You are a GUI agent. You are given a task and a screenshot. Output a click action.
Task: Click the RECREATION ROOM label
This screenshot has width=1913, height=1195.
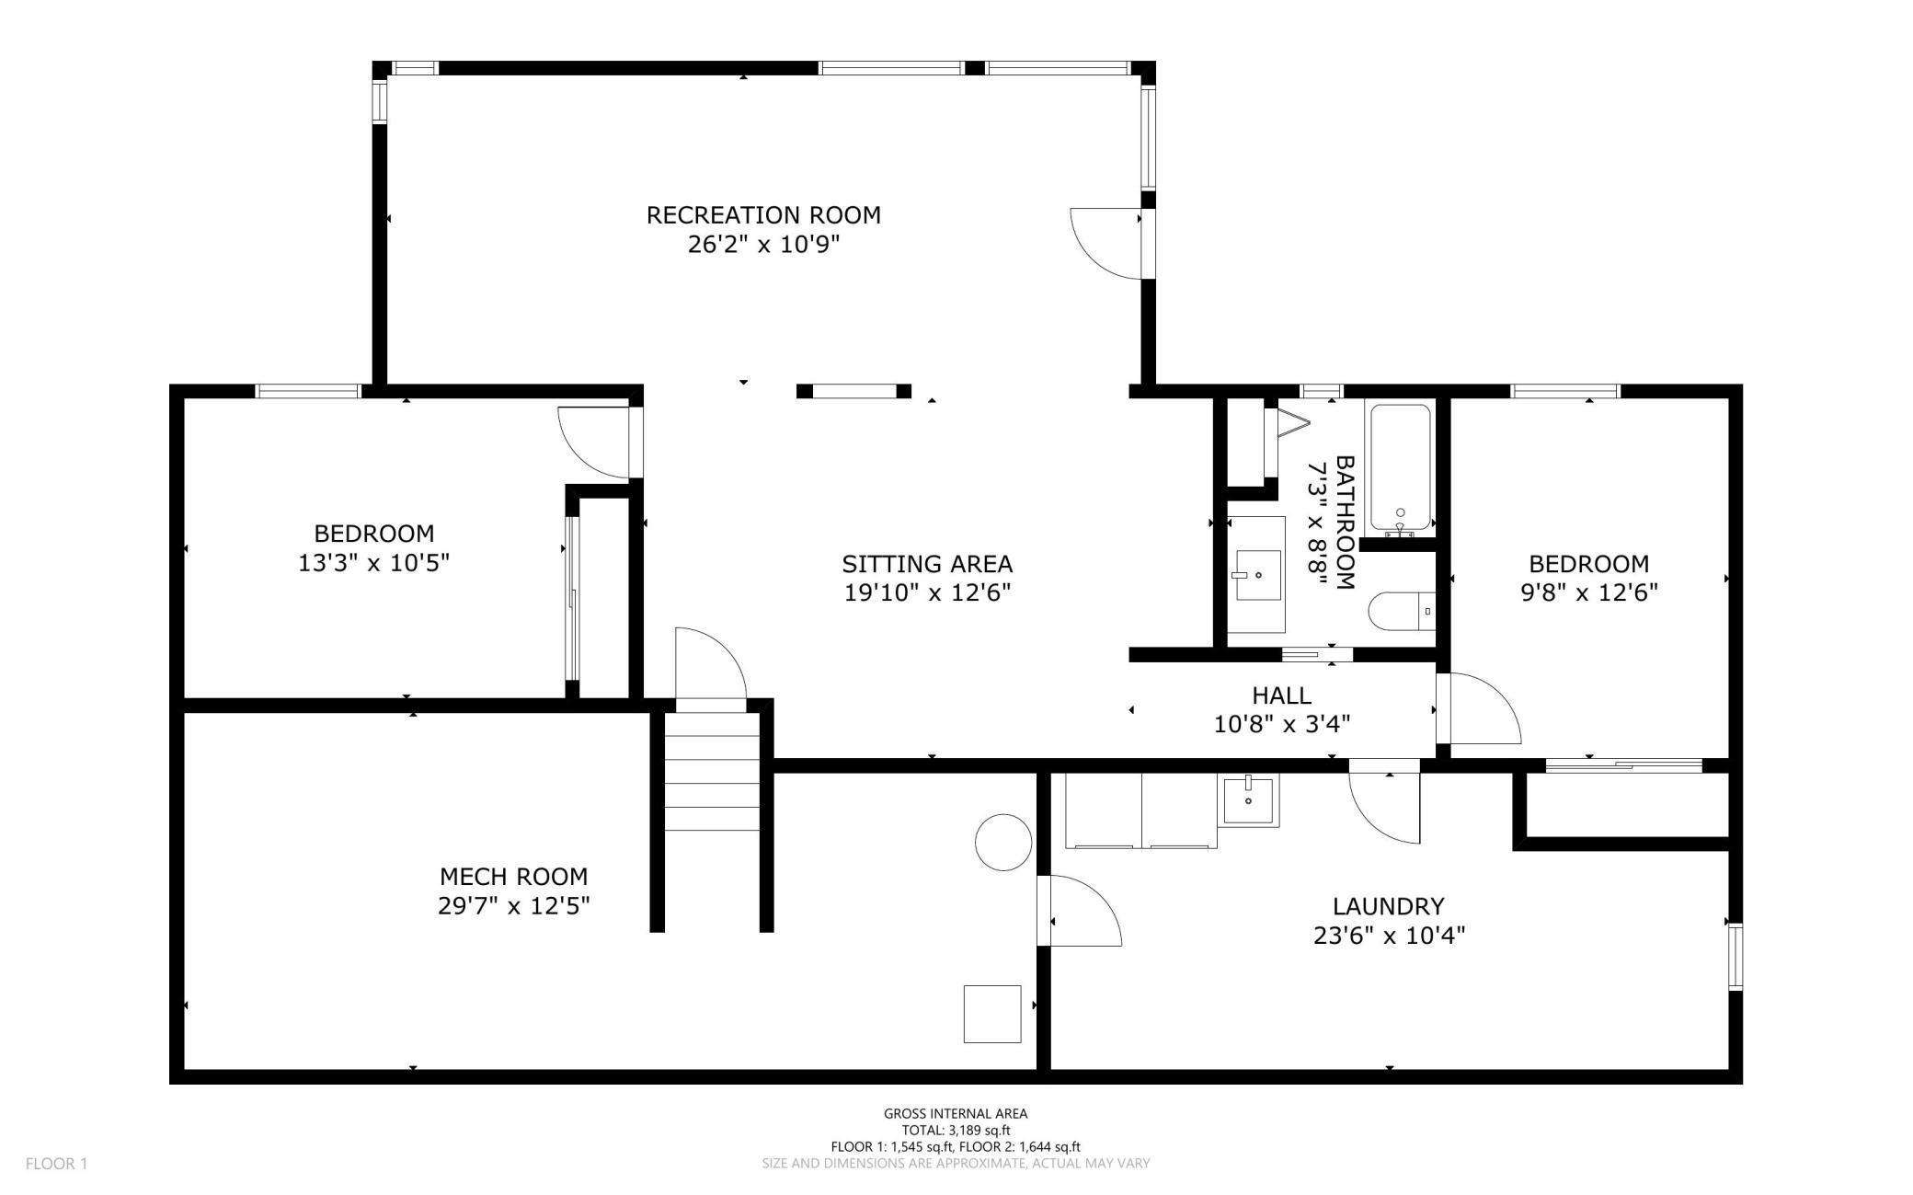[x=763, y=215]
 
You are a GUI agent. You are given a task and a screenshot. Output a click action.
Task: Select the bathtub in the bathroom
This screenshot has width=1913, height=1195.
[x=1400, y=468]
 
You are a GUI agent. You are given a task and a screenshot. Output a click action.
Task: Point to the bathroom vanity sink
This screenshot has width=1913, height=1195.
[x=1256, y=575]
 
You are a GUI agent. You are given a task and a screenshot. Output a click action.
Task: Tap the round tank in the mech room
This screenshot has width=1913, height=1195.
[x=1002, y=843]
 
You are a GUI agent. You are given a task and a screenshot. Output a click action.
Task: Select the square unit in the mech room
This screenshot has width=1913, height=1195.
[x=992, y=1014]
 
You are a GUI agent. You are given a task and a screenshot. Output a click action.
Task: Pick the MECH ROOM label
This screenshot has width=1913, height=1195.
[x=513, y=877]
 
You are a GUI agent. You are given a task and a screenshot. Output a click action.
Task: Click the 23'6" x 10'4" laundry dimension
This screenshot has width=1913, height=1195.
[x=1389, y=936]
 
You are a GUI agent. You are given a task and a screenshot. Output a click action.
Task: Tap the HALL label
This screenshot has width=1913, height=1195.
[x=1281, y=695]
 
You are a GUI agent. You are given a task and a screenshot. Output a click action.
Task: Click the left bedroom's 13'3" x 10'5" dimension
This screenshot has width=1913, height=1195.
[x=373, y=563]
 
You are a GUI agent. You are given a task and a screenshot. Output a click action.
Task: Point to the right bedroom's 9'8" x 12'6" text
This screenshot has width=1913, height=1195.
[x=1588, y=592]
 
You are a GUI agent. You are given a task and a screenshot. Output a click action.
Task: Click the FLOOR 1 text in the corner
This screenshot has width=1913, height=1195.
[x=56, y=1164]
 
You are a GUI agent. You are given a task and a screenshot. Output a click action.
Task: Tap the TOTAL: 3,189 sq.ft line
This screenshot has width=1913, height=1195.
[x=956, y=1130]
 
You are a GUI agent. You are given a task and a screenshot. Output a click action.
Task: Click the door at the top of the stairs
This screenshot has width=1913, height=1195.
[x=710, y=667]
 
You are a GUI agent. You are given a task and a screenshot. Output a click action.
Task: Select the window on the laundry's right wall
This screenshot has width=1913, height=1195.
[x=1735, y=957]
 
